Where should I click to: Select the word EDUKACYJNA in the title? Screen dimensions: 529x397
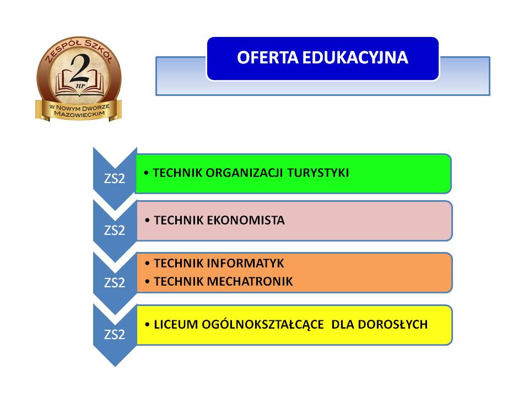point(355,57)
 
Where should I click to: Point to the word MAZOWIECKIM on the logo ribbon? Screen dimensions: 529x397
point(79,114)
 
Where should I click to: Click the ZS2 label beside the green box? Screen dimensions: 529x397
point(115,178)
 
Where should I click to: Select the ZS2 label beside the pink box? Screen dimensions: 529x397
point(115,230)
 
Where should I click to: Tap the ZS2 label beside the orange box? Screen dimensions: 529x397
point(115,282)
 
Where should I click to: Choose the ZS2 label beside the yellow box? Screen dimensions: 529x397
point(115,335)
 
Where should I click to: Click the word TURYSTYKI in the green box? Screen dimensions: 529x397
point(318,173)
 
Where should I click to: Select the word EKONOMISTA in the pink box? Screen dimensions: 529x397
point(246,221)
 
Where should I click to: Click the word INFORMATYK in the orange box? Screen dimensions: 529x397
point(245,264)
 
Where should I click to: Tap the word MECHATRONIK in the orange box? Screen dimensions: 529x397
point(250,282)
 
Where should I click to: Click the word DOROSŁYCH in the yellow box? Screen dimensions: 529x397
point(393,324)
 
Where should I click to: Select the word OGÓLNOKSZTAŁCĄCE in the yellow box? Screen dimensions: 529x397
point(263,324)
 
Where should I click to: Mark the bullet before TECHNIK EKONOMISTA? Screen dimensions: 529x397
point(147,221)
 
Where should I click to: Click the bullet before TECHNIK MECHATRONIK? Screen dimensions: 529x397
point(147,282)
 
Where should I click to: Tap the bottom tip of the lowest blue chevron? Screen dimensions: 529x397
point(115,367)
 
